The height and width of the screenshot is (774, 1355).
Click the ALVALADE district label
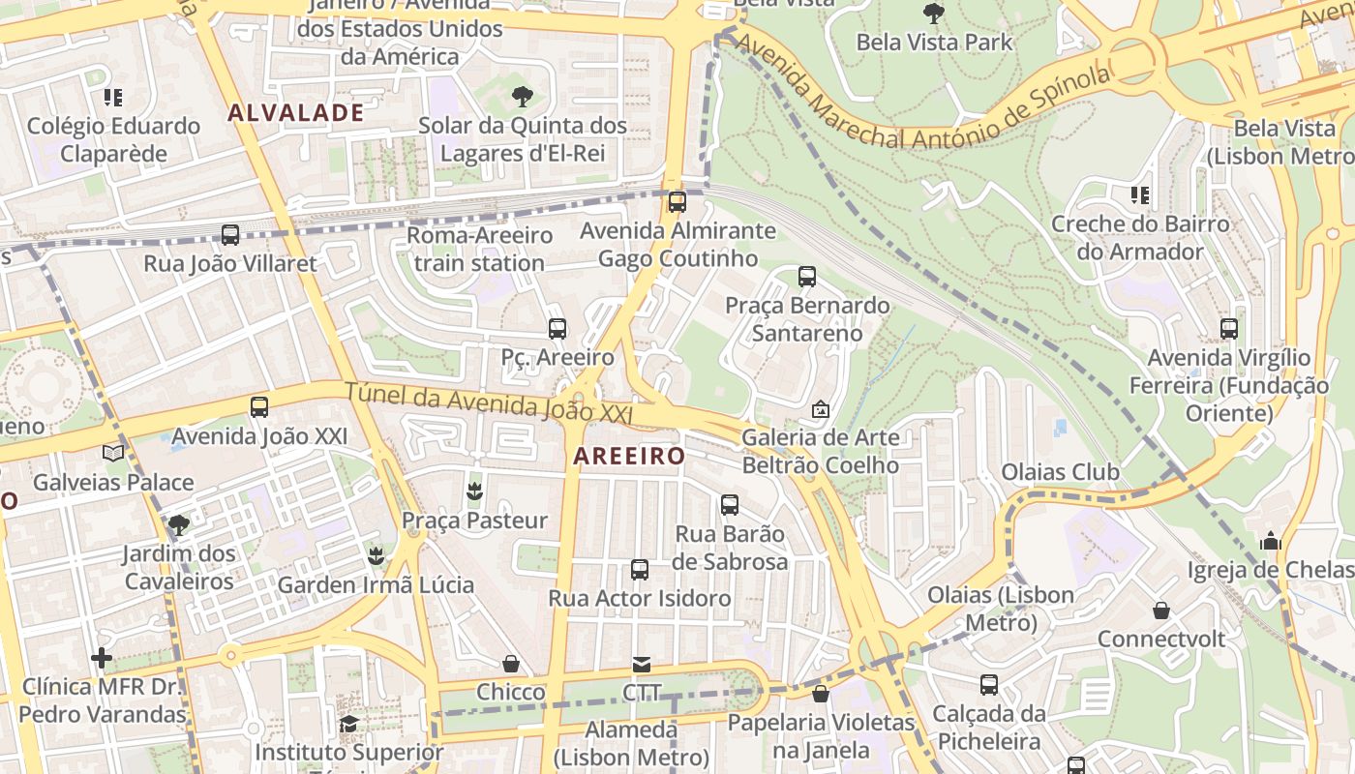(296, 112)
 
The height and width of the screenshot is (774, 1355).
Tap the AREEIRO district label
(629, 456)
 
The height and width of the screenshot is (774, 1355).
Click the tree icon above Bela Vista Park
(934, 14)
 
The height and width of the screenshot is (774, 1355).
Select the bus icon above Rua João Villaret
(230, 234)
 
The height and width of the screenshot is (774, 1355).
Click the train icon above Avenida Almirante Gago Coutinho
(677, 202)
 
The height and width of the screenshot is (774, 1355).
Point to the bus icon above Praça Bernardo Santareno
(807, 277)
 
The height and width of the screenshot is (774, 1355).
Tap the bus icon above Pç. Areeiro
(557, 329)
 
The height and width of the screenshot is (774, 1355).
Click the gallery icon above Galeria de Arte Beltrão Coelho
(821, 409)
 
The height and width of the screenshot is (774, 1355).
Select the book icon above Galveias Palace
(113, 453)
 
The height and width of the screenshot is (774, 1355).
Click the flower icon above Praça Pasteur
(474, 491)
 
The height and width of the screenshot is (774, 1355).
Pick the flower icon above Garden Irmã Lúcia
(376, 556)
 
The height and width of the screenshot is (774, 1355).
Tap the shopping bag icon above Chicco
(511, 664)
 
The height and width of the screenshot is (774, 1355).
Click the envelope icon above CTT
(642, 664)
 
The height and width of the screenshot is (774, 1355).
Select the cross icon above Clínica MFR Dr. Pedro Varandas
(102, 659)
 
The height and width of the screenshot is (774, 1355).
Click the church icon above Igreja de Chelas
(1271, 541)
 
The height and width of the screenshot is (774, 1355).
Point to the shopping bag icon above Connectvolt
(1161, 610)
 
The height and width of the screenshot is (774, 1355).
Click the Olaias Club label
(1060, 472)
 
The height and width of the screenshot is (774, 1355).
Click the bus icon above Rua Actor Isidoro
(640, 570)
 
